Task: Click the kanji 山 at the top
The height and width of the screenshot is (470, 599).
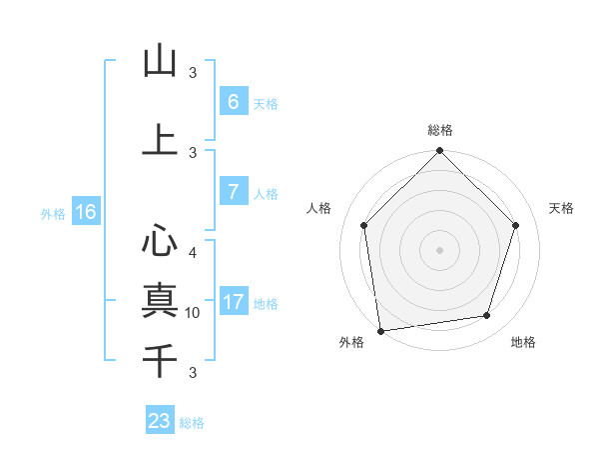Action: pos(160,62)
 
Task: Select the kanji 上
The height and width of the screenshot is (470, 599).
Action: pos(160,140)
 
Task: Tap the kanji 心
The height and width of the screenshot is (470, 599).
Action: pos(160,241)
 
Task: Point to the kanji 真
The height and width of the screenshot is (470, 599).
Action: pos(160,299)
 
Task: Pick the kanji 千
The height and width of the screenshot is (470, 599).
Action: pos(160,358)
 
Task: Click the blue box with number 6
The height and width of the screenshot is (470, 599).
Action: pos(233,102)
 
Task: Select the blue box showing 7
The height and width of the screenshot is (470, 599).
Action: pos(233,192)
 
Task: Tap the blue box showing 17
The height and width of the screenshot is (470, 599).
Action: pos(233,302)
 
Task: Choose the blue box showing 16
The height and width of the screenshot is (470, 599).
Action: pos(85,212)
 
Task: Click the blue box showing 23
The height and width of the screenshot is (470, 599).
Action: pos(160,421)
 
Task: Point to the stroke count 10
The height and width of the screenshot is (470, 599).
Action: pos(193,313)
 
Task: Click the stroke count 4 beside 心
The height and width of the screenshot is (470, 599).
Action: pos(193,253)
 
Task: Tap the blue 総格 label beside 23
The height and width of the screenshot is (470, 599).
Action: pos(192,423)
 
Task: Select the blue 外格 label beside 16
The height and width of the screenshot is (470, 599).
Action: pos(53,213)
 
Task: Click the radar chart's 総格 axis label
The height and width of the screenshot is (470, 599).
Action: pos(439,130)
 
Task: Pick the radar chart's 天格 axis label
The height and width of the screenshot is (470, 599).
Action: pos(562,208)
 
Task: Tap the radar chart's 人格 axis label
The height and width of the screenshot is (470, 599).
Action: pos(318,208)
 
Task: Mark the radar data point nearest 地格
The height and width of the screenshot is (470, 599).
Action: pos(487,316)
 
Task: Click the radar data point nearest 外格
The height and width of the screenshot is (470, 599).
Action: pos(380,330)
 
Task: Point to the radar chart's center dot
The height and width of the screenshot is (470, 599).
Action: pos(439,249)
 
